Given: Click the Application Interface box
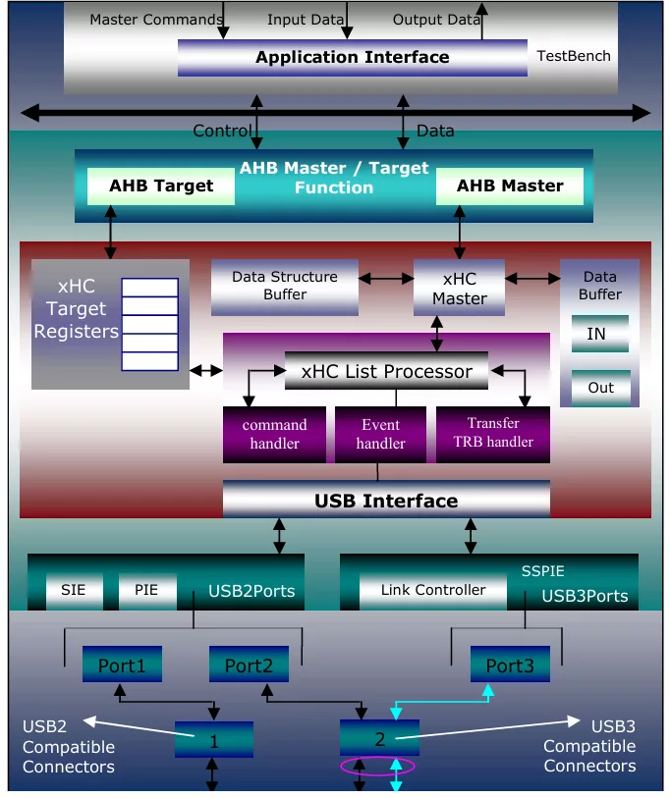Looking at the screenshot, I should (x=352, y=57).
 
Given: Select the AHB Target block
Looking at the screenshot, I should (x=161, y=186).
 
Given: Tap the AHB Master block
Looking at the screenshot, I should (x=510, y=186).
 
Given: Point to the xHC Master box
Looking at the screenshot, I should (x=459, y=288).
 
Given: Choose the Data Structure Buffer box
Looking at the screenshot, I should (x=284, y=286).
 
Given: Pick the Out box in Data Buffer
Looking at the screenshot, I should (x=600, y=388).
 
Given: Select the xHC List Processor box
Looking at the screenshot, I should (x=386, y=371).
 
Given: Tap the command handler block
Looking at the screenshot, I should (x=274, y=435).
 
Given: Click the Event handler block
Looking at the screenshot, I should (x=380, y=435).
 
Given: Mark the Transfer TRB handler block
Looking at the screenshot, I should (x=492, y=433).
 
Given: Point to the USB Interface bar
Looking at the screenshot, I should (x=386, y=501).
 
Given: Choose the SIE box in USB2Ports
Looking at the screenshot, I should (x=74, y=591).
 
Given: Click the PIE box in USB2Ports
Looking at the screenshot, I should (x=146, y=591).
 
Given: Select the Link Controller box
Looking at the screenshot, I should (x=433, y=591).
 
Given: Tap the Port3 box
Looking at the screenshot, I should (x=510, y=665).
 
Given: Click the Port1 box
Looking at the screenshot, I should (x=122, y=665).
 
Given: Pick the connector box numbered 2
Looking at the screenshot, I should (x=379, y=738).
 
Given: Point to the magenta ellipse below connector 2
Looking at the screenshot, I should (x=377, y=767).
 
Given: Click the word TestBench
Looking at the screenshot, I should (x=574, y=56).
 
